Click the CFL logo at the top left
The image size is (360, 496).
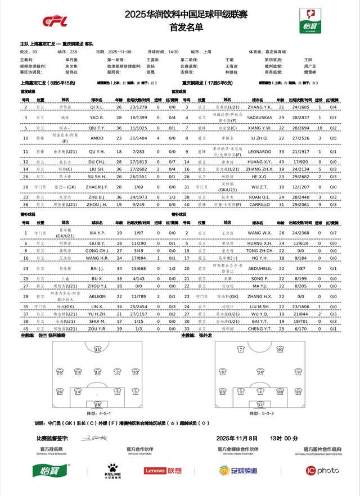[56, 21]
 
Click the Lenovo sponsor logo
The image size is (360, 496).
[163, 470]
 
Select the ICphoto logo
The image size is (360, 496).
[322, 470]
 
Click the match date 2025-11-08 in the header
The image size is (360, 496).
[119, 51]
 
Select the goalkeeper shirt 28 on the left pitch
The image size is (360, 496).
[97, 403]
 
